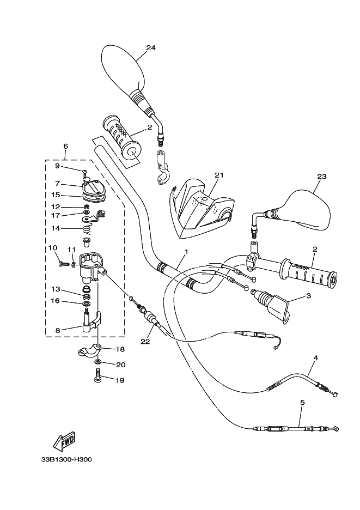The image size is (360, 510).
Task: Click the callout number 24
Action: [x=151, y=48]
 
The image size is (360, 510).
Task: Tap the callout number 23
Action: [x=322, y=176]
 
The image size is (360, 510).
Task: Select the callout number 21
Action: [x=219, y=175]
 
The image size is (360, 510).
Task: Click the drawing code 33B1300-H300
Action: [x=66, y=459]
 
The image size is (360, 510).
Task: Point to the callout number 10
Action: [x=53, y=248]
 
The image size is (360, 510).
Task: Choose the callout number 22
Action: [x=145, y=342]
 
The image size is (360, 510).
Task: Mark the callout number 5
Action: [x=302, y=403]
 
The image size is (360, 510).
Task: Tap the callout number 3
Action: [x=308, y=296]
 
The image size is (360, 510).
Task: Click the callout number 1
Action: [x=186, y=252]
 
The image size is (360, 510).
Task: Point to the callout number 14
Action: [x=56, y=229]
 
